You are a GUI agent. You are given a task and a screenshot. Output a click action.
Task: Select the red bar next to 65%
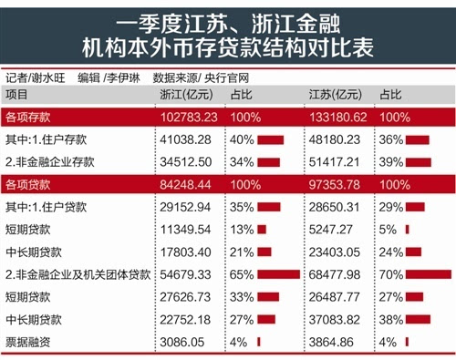278,273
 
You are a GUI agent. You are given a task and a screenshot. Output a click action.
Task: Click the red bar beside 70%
428,273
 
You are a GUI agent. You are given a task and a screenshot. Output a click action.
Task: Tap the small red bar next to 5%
408,230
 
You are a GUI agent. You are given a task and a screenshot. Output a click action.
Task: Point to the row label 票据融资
27,340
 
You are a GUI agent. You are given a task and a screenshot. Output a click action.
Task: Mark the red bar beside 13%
263,230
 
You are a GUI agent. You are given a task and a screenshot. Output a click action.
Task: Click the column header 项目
17,95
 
